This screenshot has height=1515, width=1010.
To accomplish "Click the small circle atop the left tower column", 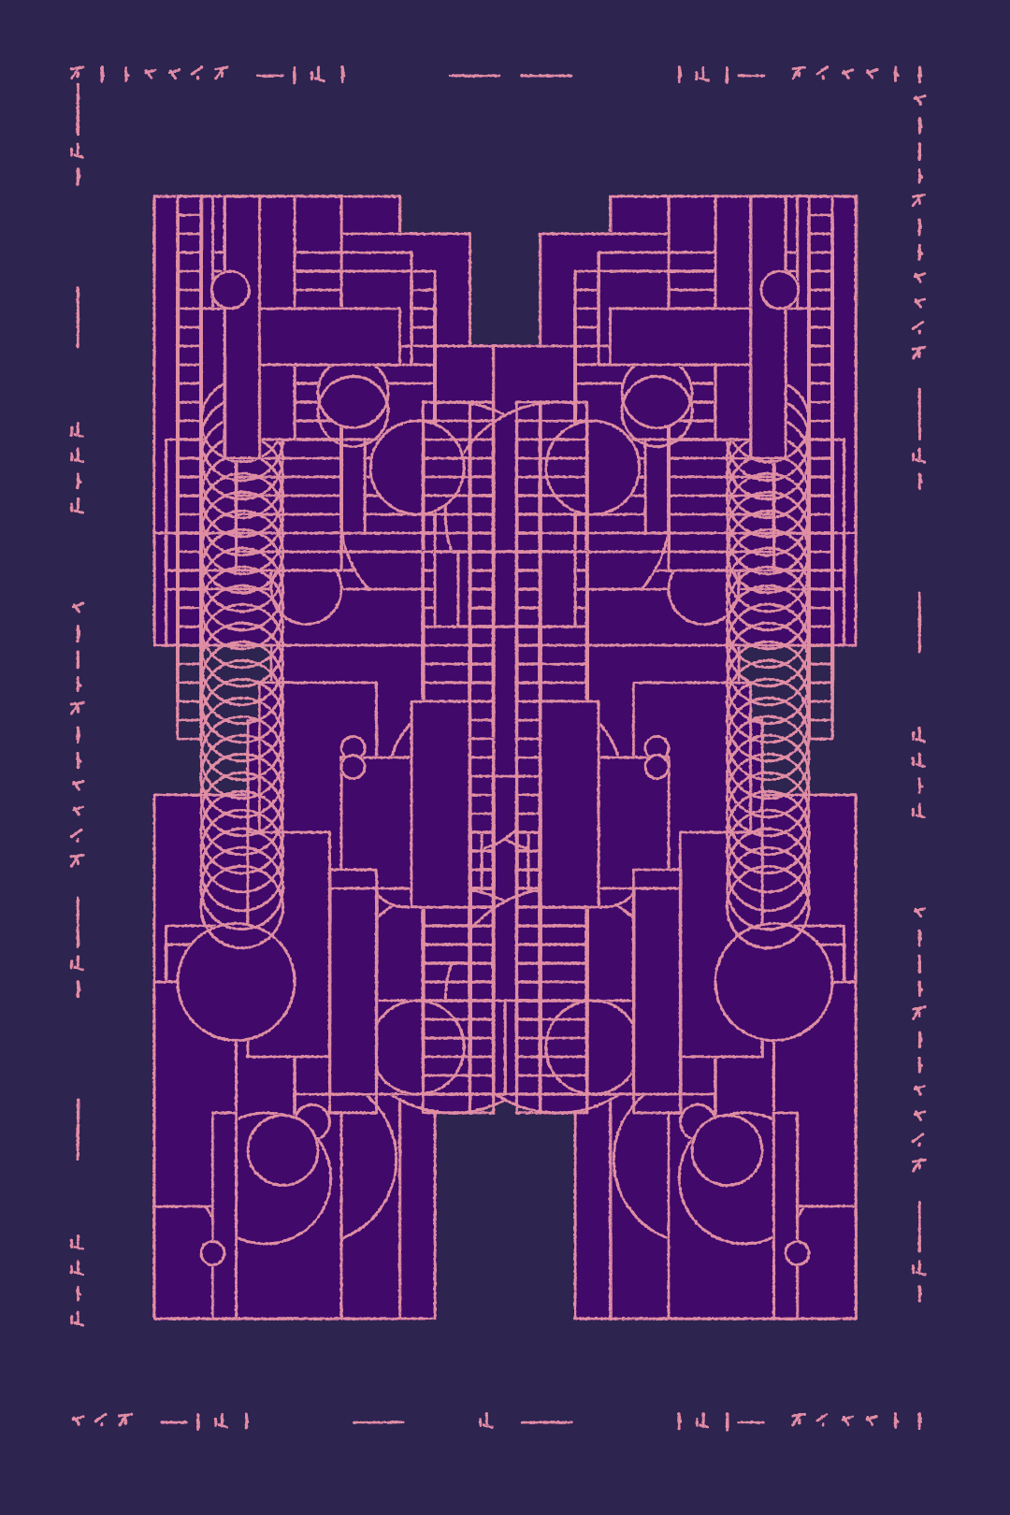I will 230,290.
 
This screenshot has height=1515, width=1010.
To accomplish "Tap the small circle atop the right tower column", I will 779,290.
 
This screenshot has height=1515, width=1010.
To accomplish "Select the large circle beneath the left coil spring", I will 237,982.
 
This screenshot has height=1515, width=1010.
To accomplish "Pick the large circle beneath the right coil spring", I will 773,982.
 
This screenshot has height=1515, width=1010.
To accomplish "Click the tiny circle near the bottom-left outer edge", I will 213,1253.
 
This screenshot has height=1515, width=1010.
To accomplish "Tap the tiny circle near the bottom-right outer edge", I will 797,1253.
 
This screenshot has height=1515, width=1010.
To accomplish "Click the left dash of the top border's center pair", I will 474,76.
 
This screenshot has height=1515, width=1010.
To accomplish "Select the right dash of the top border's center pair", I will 546,76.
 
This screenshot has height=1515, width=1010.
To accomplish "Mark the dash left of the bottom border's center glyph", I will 379,1422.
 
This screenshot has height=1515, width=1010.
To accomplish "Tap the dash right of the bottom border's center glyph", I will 546,1422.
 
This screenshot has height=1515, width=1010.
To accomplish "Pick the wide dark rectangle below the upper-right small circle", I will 680,336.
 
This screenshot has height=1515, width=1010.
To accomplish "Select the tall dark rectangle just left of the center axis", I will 440,804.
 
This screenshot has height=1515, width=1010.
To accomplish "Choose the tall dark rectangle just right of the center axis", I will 570,804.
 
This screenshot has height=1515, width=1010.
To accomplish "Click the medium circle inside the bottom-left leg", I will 283,1148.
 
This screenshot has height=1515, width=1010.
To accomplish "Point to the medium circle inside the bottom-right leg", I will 727,1148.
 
